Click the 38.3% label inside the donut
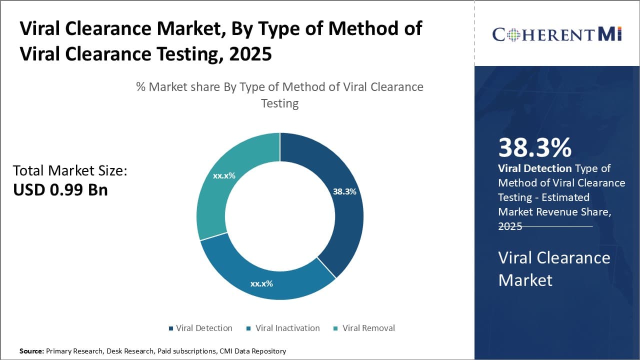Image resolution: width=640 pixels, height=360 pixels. (x=344, y=191)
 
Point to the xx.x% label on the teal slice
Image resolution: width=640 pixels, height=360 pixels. (x=224, y=176)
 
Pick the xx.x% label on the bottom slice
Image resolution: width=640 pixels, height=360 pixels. (x=261, y=283)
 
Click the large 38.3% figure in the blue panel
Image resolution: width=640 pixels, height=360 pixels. (x=534, y=148)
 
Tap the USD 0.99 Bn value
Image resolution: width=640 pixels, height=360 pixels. (x=60, y=190)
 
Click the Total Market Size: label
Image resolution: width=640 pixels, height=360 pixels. (x=70, y=170)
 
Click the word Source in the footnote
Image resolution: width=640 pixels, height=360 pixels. (x=31, y=351)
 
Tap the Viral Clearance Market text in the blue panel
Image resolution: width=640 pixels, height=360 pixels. (x=554, y=268)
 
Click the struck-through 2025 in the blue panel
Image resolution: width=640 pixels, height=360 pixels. (x=510, y=226)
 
